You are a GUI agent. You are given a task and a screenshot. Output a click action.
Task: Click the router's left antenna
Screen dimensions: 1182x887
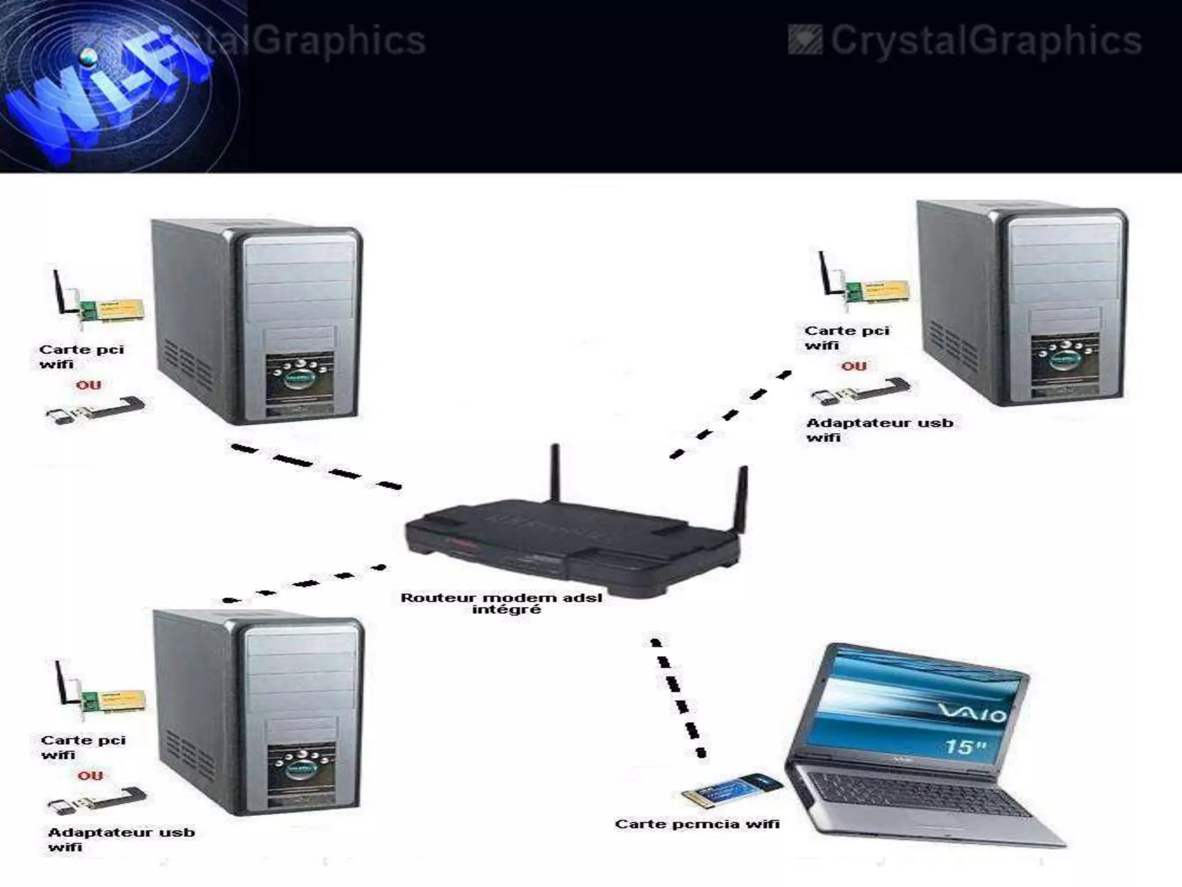pos(555,474)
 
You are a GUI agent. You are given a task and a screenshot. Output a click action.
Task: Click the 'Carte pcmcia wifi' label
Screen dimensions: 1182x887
pos(697,824)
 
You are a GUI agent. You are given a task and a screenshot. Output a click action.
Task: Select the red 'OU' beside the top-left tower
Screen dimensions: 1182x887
pos(88,385)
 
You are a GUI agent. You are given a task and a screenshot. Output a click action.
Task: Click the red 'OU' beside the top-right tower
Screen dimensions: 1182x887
pos(854,366)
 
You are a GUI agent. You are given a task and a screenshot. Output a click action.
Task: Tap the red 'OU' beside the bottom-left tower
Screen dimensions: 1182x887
pos(90,776)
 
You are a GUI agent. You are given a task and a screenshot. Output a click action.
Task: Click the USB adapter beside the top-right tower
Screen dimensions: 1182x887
pos(860,392)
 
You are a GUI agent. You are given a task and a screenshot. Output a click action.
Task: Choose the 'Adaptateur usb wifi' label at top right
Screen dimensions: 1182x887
pos(878,430)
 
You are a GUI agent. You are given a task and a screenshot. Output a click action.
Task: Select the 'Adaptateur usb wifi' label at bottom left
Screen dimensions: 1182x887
pos(121,839)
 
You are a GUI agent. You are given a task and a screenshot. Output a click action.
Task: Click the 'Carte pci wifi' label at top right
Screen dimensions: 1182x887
pos(846,338)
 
